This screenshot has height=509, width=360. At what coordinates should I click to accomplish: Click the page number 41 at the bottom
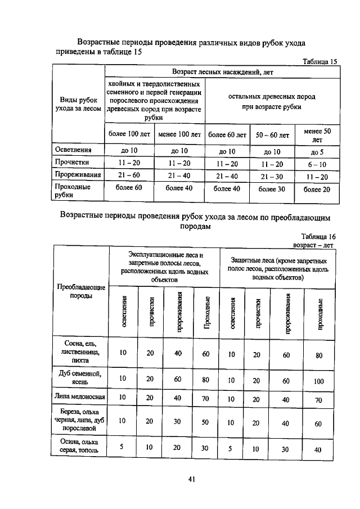(x=191, y=479)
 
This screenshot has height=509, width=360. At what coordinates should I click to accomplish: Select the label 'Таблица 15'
(x=319, y=62)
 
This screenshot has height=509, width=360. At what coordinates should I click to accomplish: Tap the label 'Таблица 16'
(x=318, y=237)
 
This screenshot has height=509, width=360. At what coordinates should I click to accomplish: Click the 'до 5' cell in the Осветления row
(x=317, y=152)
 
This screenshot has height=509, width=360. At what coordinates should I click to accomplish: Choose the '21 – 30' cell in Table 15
(x=272, y=176)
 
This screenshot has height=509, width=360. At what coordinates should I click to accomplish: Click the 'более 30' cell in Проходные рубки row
(x=272, y=189)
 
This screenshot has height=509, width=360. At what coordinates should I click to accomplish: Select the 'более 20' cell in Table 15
(x=317, y=190)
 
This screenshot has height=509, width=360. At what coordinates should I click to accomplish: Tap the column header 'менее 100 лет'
(x=179, y=135)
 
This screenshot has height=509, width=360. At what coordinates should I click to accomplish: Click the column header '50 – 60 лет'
(x=272, y=135)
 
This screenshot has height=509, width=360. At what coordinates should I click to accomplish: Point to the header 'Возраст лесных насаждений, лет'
(x=222, y=72)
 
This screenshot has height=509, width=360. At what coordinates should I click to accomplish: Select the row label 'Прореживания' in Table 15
(x=76, y=175)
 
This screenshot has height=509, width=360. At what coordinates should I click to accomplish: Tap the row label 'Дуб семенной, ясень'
(x=82, y=377)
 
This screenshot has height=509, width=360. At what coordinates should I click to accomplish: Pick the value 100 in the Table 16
(x=318, y=381)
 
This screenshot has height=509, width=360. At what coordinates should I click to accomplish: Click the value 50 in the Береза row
(x=205, y=420)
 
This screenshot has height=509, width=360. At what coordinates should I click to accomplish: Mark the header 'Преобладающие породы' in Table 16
(x=82, y=291)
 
